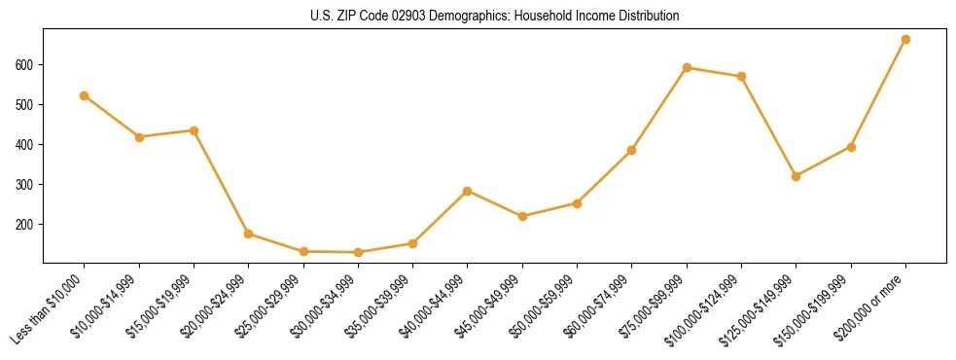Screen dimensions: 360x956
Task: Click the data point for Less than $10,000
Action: (x=85, y=95)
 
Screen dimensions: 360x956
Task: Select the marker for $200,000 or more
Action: (x=905, y=40)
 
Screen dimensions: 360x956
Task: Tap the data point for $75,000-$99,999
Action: (x=687, y=68)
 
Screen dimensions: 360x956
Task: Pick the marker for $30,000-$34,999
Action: (x=358, y=252)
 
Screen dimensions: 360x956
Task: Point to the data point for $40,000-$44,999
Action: (x=468, y=191)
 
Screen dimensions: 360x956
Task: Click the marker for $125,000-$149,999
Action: (x=797, y=176)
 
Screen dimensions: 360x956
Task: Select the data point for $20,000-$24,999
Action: (x=249, y=234)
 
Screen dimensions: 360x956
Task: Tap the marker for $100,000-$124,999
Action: (x=741, y=76)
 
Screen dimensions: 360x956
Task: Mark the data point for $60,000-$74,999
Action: (x=632, y=150)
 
